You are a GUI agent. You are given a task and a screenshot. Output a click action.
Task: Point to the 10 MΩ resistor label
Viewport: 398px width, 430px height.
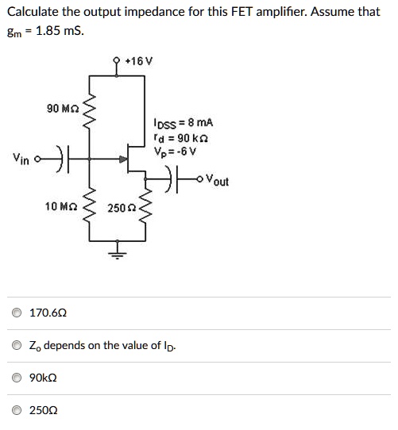coord(60,206)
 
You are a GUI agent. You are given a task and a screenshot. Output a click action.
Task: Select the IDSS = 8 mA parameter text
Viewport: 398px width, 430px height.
coord(183,123)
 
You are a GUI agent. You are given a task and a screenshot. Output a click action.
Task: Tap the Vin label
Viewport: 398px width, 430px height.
coord(21,159)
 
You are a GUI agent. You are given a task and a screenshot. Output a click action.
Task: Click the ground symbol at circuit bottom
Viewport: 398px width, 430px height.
coord(119,251)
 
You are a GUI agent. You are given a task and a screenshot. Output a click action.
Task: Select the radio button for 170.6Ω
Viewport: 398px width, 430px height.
coord(17,313)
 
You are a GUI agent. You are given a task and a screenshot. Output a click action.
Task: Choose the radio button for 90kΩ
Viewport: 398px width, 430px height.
coord(17,378)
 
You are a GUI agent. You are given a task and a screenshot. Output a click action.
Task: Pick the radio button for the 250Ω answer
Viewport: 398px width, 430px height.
coord(17,410)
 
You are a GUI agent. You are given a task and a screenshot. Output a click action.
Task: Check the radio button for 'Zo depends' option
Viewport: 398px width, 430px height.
coord(17,345)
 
